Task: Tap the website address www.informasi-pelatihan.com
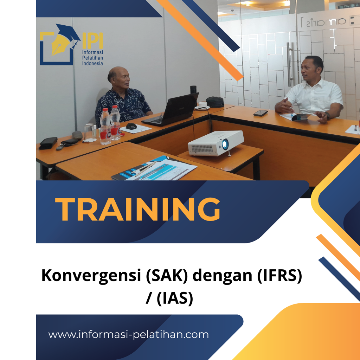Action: (128, 334)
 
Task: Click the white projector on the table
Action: (216, 143)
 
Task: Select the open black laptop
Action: (173, 109)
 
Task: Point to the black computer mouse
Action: (131, 126)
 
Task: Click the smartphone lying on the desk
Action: (261, 113)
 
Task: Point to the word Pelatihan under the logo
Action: (92, 58)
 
